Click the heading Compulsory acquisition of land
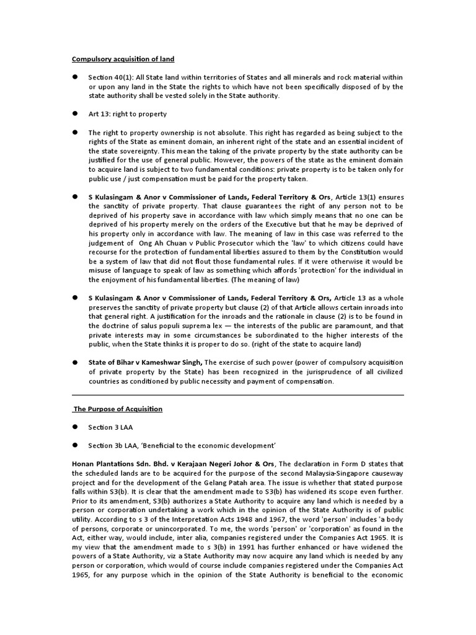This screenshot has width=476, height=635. pos(123,59)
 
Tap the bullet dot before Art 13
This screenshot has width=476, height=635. pos(74,114)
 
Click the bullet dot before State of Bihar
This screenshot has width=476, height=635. pos(74,362)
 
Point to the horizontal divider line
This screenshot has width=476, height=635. pos(238,394)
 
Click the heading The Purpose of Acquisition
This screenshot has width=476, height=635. pos(118,409)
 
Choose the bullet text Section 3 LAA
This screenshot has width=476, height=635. pos(111,427)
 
